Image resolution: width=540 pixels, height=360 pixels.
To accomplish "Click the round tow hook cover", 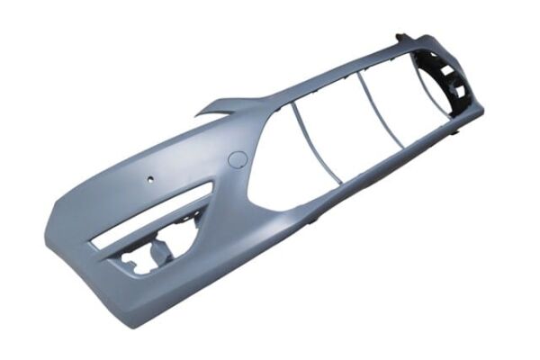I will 238,160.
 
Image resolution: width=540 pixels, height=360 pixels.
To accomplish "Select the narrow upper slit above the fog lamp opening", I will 153,216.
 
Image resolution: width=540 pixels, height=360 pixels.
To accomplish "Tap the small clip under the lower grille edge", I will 314,219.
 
